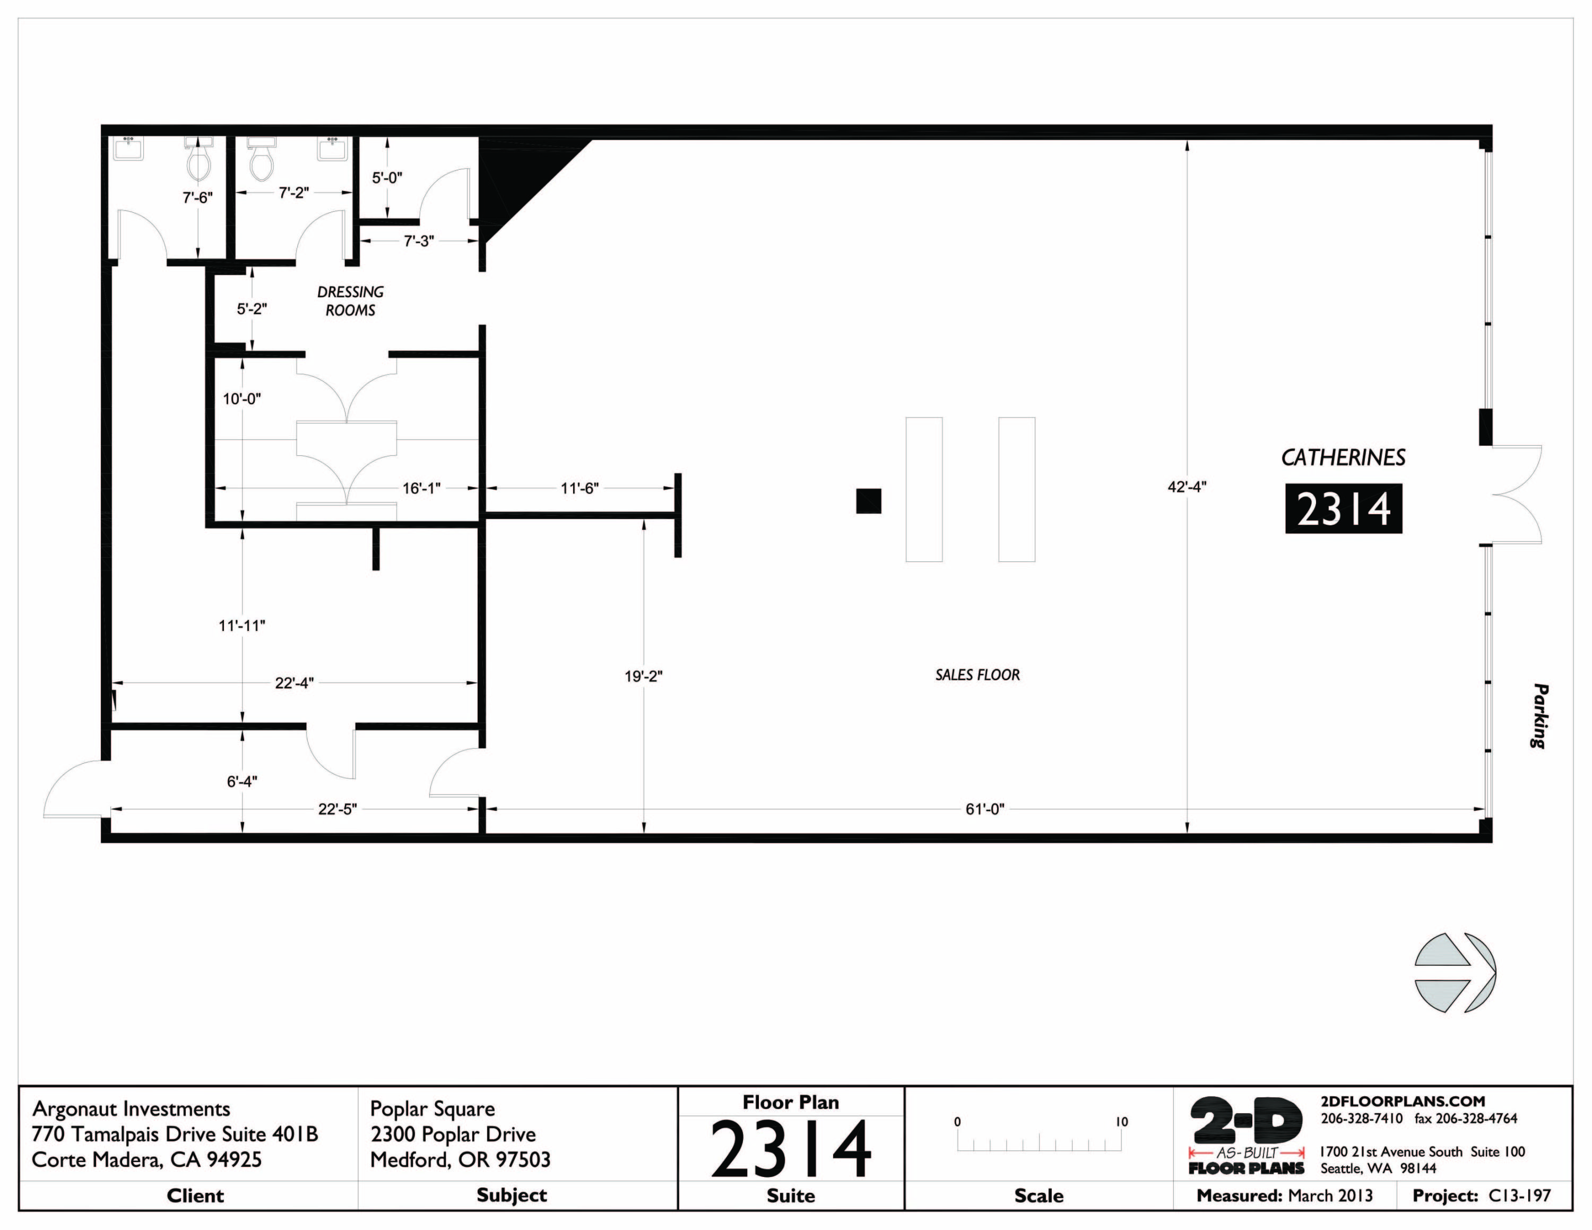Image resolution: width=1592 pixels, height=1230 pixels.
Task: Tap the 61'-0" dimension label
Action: click(x=985, y=809)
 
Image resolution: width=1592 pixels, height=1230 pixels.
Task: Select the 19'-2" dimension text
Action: click(x=643, y=676)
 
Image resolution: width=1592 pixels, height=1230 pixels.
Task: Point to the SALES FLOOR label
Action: click(x=977, y=675)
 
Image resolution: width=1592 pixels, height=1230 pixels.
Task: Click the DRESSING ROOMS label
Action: click(x=350, y=301)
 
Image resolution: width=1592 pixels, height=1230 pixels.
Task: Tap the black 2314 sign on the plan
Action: click(x=1344, y=509)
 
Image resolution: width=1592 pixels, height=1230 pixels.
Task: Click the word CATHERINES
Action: click(x=1343, y=457)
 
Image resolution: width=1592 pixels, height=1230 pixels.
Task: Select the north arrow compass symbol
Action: click(x=1454, y=972)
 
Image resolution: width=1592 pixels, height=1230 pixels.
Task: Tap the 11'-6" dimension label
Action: click(x=579, y=488)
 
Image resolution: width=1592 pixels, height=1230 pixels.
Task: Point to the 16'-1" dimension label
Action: click(x=421, y=488)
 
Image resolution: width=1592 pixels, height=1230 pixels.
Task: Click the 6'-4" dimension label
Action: click(x=241, y=781)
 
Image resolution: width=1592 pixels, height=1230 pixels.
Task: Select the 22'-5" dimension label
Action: click(x=338, y=809)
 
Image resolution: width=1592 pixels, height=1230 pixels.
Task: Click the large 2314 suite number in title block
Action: click(x=791, y=1149)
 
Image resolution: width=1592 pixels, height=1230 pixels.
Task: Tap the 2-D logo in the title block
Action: click(x=1247, y=1121)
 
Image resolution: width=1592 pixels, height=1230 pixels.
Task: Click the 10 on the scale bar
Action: click(x=1121, y=1122)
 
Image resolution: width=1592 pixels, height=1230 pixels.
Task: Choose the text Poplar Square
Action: click(x=432, y=1109)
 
